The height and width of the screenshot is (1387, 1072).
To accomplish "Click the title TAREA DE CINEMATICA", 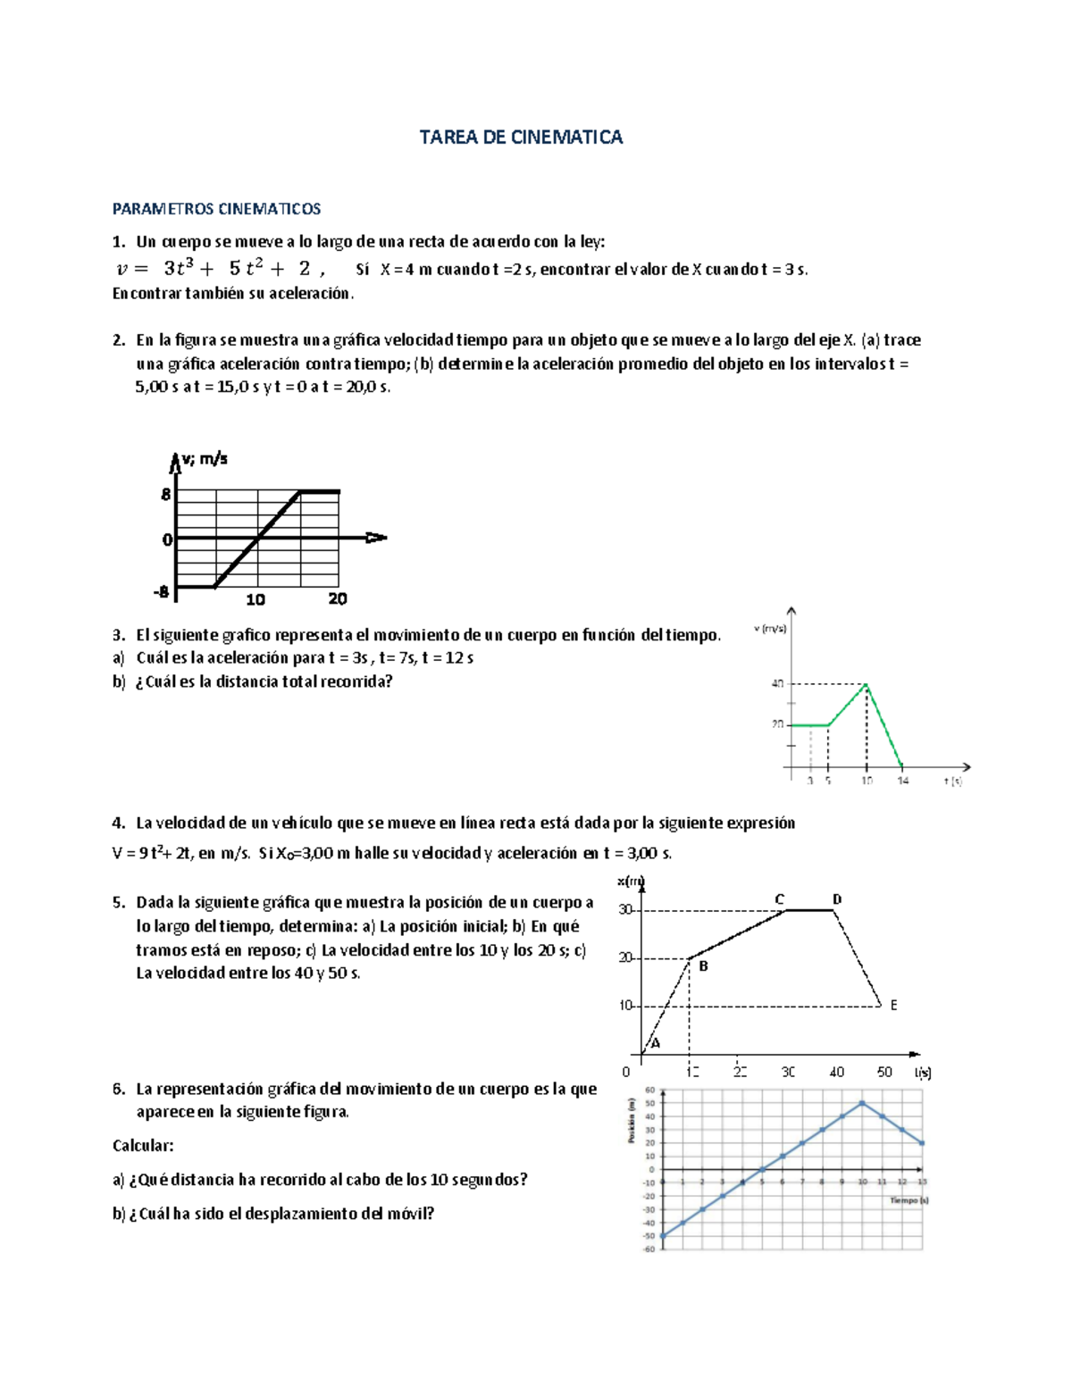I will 521,138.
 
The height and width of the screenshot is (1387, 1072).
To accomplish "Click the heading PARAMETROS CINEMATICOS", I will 216,209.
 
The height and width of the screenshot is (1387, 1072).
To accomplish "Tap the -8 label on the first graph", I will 161,591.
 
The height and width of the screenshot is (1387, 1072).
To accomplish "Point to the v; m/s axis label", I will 205,460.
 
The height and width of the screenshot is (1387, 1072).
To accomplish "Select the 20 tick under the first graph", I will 338,599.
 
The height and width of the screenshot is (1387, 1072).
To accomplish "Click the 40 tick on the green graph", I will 777,684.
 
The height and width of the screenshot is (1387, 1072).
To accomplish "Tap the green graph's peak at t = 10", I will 866,684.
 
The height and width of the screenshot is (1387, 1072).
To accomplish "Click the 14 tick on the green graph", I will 903,781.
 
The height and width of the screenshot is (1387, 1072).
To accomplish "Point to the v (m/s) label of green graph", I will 770,629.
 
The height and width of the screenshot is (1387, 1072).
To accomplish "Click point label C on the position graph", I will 779,899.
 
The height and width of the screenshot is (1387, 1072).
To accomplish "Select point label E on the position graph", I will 893,1006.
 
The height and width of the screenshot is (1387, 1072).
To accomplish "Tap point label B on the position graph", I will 703,966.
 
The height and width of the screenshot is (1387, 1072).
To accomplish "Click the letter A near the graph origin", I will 656,1042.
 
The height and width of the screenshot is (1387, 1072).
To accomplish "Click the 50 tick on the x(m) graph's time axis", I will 884,1072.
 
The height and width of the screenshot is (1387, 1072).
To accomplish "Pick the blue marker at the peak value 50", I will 862,1103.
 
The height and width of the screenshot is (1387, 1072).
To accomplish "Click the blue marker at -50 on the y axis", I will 663,1236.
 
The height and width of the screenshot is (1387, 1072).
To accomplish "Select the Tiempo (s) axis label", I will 909,1200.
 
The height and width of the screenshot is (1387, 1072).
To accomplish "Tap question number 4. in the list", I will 119,823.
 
